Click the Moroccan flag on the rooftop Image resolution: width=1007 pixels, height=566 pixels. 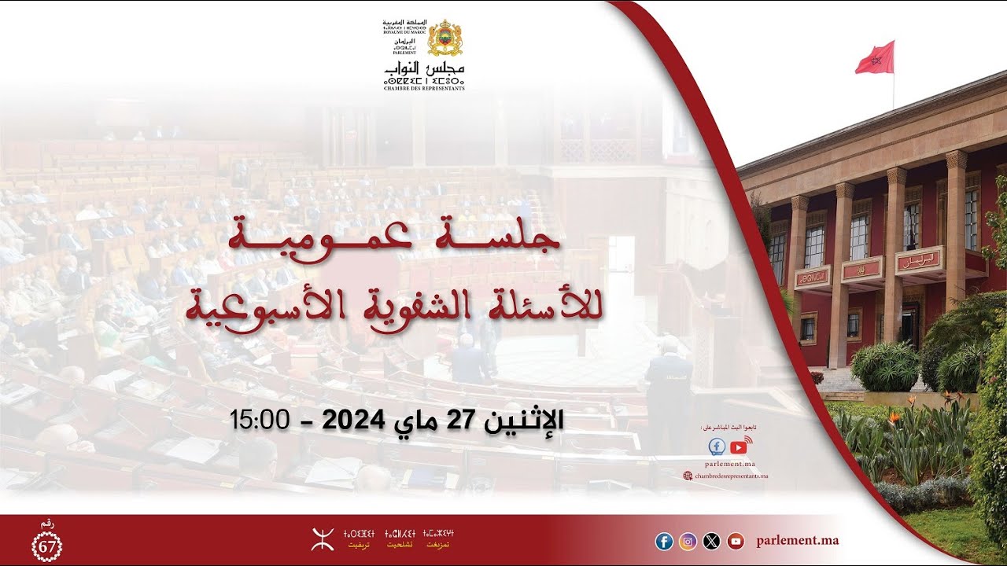(875, 58)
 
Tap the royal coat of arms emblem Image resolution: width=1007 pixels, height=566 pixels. (445, 38)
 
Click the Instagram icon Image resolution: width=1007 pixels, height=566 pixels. (688, 541)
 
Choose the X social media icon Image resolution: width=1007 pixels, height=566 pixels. (712, 541)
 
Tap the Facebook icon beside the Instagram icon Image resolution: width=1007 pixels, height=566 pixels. (664, 541)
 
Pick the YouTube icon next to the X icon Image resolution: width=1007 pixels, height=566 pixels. (736, 541)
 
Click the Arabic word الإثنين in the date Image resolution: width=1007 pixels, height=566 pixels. (523, 420)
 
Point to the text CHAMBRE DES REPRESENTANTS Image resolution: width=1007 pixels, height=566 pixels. (424, 89)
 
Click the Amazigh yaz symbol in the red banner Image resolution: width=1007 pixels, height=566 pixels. (323, 538)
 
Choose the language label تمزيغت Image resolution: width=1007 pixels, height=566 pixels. (438, 545)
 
